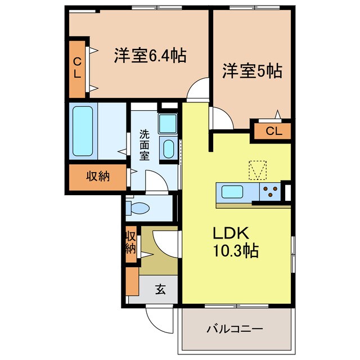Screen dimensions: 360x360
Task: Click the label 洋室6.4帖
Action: (x=150, y=56)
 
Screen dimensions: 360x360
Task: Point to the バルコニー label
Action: (x=235, y=328)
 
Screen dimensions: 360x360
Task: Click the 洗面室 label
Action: (x=145, y=145)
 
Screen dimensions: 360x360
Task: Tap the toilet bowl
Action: (x=139, y=209)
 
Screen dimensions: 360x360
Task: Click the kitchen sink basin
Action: (x=232, y=192)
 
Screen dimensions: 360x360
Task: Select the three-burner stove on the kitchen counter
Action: (x=270, y=192)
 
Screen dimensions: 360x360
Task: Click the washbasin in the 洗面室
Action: (x=168, y=148)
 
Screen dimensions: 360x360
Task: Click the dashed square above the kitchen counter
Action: (x=258, y=169)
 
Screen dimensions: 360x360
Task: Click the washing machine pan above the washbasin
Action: (x=167, y=123)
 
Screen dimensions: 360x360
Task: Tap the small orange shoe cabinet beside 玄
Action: (x=132, y=282)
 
